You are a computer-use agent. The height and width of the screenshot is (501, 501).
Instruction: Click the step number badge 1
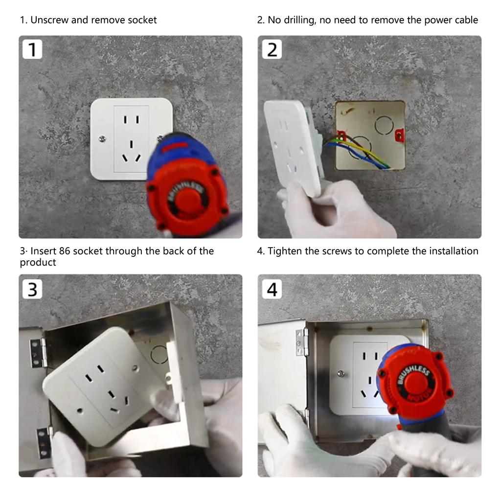[33, 50]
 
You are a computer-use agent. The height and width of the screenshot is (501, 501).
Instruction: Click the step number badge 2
[272, 50]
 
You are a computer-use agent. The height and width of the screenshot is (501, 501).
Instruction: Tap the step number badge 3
[33, 289]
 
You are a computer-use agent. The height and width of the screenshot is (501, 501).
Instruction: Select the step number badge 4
[272, 289]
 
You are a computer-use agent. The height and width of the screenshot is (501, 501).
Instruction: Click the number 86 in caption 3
[65, 251]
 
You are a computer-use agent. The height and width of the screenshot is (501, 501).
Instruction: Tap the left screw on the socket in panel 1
[102, 139]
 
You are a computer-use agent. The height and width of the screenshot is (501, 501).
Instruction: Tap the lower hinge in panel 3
[43, 442]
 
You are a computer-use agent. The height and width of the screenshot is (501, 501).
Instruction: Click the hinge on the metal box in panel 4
[302, 342]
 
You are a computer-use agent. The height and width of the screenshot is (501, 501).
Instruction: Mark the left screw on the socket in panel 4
[341, 374]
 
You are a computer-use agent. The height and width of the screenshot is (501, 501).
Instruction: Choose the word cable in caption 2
[466, 20]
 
